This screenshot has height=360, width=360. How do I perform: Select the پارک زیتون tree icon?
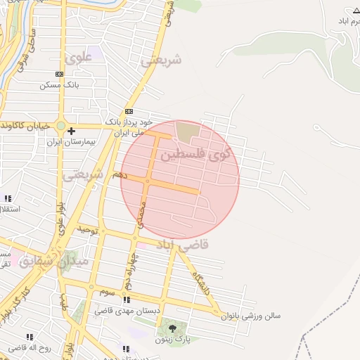click(x=173, y=328)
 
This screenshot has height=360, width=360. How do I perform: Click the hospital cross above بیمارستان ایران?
click(x=72, y=131)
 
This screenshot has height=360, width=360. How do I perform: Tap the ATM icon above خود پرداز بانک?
click(x=129, y=112)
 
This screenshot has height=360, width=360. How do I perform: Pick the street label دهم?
click(x=120, y=175)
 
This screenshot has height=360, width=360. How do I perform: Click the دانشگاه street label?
click(x=200, y=281)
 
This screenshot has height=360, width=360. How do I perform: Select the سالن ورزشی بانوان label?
click(x=250, y=316)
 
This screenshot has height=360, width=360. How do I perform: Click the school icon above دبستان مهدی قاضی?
click(x=127, y=300)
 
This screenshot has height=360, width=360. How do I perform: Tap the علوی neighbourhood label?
click(x=78, y=58)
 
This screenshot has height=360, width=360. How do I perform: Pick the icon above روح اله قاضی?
click(x=30, y=337)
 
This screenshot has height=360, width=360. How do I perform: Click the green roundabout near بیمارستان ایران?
click(x=61, y=127)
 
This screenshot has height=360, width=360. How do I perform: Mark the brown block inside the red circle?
click(x=188, y=131)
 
